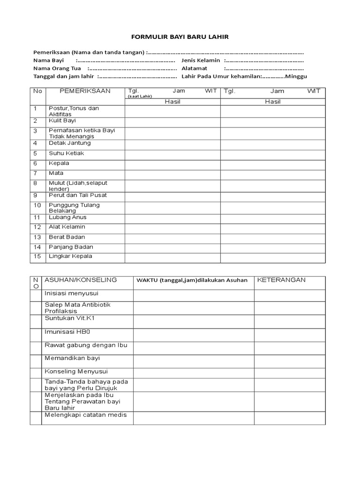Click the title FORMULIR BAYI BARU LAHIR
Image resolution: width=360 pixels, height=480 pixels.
click(180, 37)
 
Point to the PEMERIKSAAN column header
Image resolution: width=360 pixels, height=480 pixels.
click(79, 91)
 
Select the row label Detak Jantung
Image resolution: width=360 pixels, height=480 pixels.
click(70, 143)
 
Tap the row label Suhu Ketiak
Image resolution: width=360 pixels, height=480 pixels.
click(67, 153)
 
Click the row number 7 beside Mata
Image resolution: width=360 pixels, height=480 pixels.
click(35, 173)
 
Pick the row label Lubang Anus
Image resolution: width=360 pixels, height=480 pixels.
click(67, 217)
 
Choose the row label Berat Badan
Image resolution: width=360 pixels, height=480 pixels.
click(67, 237)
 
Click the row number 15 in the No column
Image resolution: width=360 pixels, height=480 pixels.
click(37, 257)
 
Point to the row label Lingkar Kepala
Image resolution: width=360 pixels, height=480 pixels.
click(70, 256)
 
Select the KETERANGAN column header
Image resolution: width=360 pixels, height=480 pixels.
click(281, 280)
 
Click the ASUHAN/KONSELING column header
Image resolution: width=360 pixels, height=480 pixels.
click(81, 280)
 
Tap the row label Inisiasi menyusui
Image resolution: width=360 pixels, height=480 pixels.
click(71, 293)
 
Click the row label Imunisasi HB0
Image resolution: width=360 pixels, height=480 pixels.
click(67, 332)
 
